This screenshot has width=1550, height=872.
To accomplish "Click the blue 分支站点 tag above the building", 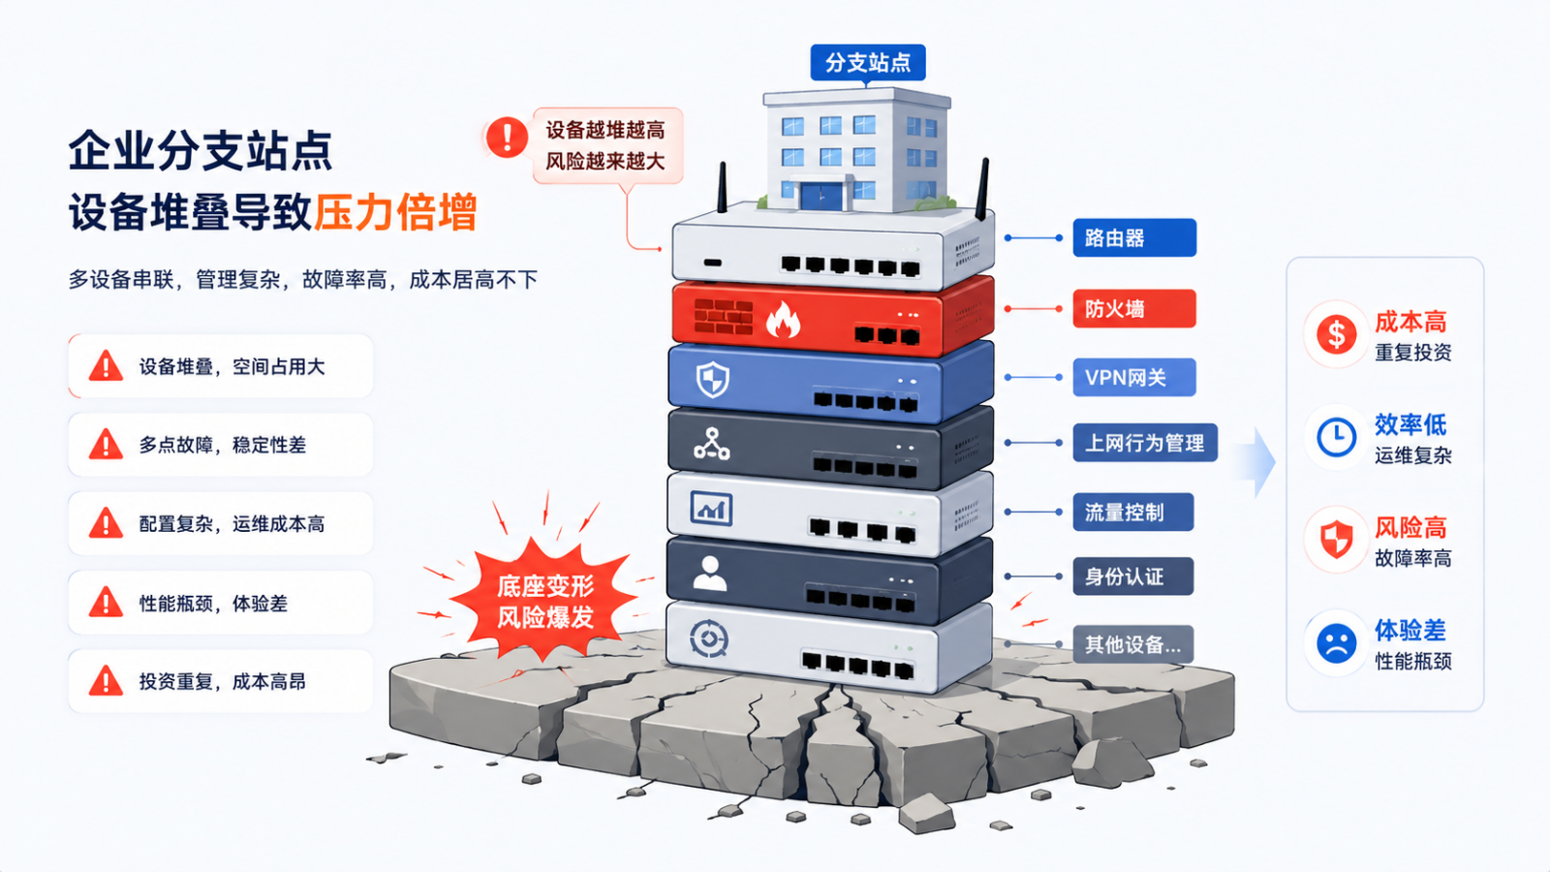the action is click(868, 63).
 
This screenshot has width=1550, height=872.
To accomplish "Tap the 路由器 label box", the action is click(1134, 238).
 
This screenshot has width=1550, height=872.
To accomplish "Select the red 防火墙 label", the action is click(1134, 309).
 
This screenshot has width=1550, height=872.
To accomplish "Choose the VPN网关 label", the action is click(1134, 377).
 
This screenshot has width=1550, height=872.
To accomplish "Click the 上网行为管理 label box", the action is click(1145, 443).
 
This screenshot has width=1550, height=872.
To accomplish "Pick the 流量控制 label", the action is click(1133, 513).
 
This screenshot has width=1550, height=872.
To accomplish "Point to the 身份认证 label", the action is click(1133, 576).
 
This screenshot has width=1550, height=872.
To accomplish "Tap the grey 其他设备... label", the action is click(1133, 645).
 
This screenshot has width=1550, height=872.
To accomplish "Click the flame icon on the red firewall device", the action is click(783, 320).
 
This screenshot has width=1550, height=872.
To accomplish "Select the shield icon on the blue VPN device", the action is click(713, 379).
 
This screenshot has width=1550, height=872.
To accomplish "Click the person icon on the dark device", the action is click(710, 573).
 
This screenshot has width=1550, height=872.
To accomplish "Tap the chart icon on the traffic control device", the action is click(711, 509).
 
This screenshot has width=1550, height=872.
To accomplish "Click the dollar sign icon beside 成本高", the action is click(1336, 334).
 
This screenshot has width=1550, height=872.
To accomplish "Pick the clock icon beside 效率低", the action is click(1336, 437).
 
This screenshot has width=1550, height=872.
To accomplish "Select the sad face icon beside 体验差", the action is click(1336, 643).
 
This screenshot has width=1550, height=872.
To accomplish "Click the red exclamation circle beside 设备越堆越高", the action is click(508, 137).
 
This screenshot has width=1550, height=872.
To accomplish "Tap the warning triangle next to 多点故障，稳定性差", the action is click(106, 445).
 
